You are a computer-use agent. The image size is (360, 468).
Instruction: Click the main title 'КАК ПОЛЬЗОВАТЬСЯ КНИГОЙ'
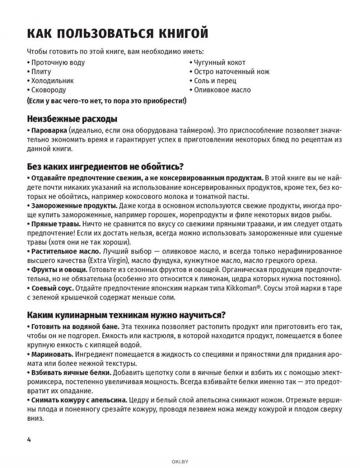[117, 34]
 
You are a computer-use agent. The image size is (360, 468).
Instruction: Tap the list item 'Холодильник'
[52, 81]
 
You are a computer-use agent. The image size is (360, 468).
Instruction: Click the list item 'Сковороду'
[48, 90]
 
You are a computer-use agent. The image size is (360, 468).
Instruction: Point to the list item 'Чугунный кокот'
[220, 62]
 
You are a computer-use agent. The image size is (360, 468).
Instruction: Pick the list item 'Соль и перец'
[215, 81]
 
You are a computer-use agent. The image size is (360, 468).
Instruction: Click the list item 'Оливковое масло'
[222, 90]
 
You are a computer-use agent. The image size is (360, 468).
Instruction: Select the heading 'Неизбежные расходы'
[72, 119]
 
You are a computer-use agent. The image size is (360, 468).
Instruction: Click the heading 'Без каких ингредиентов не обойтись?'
[105, 167]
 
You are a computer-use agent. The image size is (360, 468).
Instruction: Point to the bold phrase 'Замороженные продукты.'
[74, 205]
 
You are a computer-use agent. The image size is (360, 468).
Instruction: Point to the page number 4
[29, 440]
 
